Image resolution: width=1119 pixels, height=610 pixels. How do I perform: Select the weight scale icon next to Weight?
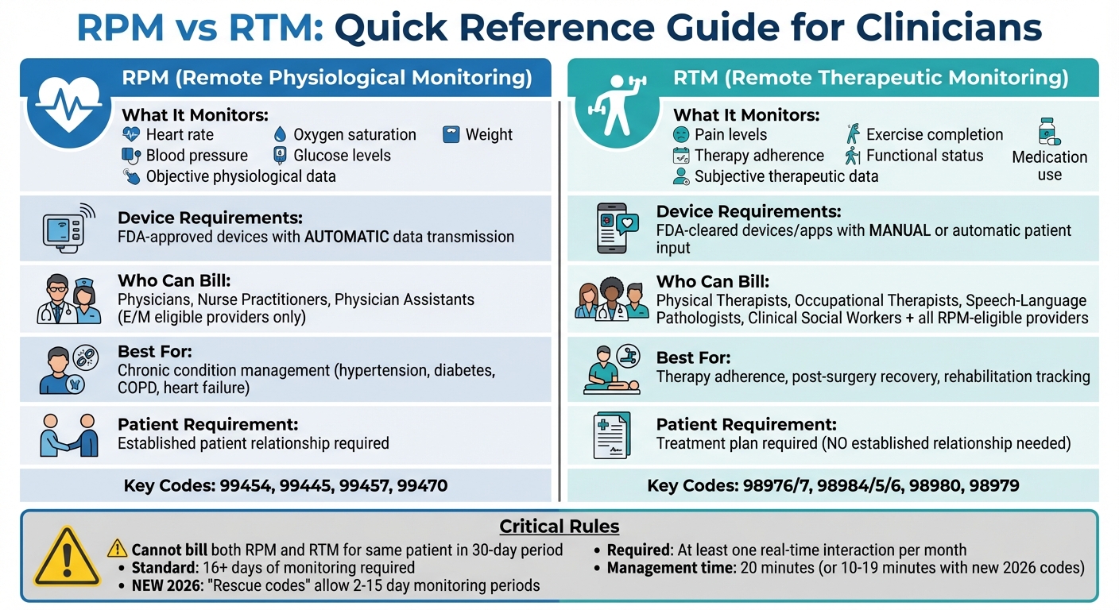(451, 134)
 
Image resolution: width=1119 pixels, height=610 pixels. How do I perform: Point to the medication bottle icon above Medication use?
(1049, 131)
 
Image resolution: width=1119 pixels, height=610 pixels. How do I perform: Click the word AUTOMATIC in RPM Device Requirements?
(347, 237)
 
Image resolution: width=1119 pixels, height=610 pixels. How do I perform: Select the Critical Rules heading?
(559, 526)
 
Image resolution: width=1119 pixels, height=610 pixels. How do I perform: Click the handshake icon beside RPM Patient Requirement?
(68, 435)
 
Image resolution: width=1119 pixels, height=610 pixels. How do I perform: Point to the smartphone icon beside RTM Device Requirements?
(617, 228)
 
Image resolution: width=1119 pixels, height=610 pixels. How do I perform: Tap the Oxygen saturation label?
(354, 134)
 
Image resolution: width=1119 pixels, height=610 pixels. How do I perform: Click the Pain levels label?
(730, 134)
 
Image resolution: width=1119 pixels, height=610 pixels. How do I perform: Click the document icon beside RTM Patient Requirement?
(611, 435)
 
